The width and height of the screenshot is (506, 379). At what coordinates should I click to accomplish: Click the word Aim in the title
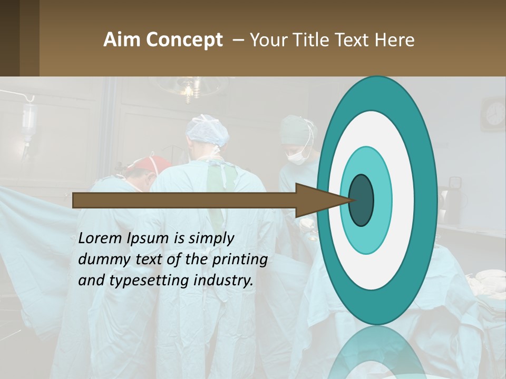point(122,40)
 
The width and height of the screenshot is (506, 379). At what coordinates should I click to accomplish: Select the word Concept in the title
point(184,40)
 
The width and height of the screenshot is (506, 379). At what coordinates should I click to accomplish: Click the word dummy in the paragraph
point(100,260)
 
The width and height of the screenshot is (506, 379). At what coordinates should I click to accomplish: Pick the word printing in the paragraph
point(240,260)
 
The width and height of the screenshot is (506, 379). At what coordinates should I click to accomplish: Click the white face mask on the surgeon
point(297,156)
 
